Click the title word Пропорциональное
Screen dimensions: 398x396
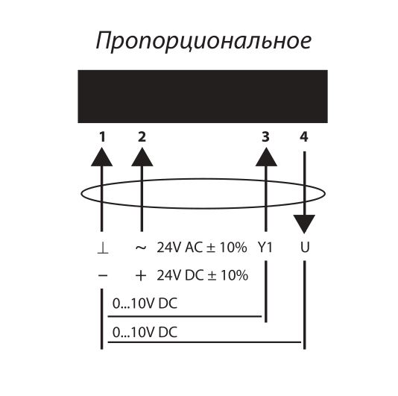tap(203, 42)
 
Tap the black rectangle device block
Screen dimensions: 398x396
tap(203, 96)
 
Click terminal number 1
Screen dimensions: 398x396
tap(102, 137)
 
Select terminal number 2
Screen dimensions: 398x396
tap(142, 137)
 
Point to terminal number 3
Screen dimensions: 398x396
tap(265, 137)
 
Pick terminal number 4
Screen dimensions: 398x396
tap(304, 137)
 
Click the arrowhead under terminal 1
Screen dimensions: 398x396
tap(102, 157)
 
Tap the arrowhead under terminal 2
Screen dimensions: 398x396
tap(142, 157)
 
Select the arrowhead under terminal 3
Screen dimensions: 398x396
tap(266, 157)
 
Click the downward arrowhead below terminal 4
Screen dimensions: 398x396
tap(305, 224)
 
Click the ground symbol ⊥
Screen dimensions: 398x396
tap(103, 248)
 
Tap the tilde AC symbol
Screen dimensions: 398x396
tap(141, 247)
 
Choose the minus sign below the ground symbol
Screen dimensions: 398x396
tap(103, 275)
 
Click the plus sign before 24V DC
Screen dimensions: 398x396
tap(141, 275)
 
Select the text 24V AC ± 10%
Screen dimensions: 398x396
tap(202, 248)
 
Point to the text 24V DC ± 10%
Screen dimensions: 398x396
tap(202, 275)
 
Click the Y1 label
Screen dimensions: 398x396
tap(265, 248)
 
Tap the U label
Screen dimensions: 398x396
tap(305, 248)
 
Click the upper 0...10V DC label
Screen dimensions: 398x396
tap(145, 304)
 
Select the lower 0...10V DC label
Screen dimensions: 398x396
tap(145, 333)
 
